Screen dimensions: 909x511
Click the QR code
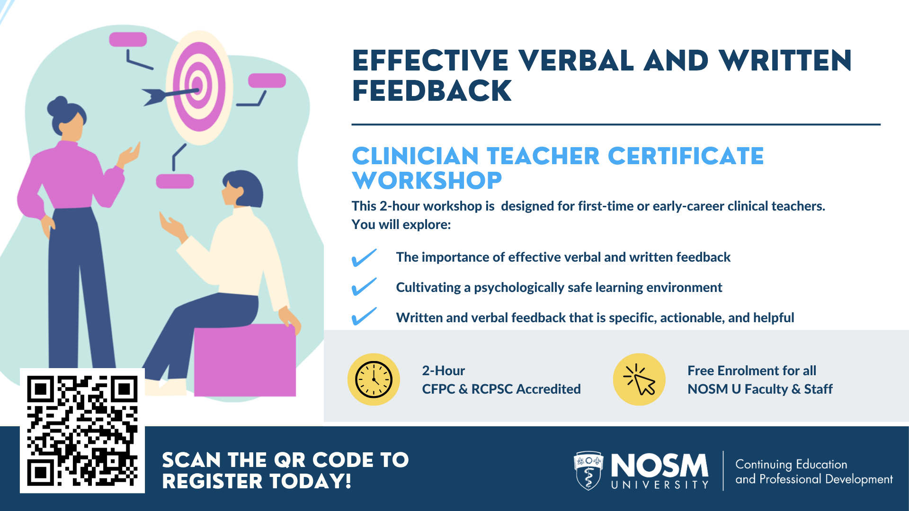coord(82,431)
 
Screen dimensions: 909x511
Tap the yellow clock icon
coord(374,379)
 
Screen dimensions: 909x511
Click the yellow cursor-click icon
coord(639,379)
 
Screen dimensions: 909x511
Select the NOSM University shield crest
coord(588,470)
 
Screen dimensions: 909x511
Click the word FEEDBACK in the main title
coord(432,91)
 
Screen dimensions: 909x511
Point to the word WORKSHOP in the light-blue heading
coord(427,181)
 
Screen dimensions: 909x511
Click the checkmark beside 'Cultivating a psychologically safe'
coord(364,287)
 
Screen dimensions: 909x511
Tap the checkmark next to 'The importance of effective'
coord(364,258)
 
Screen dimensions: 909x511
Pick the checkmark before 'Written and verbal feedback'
coord(364,317)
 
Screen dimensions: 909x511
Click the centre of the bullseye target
coord(198,86)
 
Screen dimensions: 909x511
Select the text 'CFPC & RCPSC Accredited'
coord(501,389)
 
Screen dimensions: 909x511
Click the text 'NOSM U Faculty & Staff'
coord(760,389)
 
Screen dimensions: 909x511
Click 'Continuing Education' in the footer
coord(791,465)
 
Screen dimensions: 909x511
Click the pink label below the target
coord(175,181)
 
